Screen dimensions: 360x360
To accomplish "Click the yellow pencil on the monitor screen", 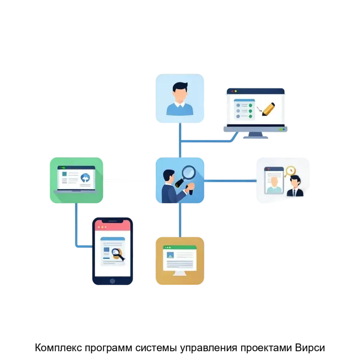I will (x=268, y=109).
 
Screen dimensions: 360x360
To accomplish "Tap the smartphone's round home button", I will (x=112, y=281).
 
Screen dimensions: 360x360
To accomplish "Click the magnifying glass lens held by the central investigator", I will (x=188, y=172).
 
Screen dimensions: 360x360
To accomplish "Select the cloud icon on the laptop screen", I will (x=85, y=178).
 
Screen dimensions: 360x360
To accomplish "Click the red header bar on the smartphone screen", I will (x=112, y=226).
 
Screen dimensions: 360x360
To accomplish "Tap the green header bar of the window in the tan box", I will (x=180, y=248).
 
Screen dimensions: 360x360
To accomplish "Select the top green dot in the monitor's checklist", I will (x=250, y=105).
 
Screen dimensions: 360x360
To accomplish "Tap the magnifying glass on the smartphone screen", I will (x=117, y=253).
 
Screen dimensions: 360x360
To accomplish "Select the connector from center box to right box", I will (x=231, y=181).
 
